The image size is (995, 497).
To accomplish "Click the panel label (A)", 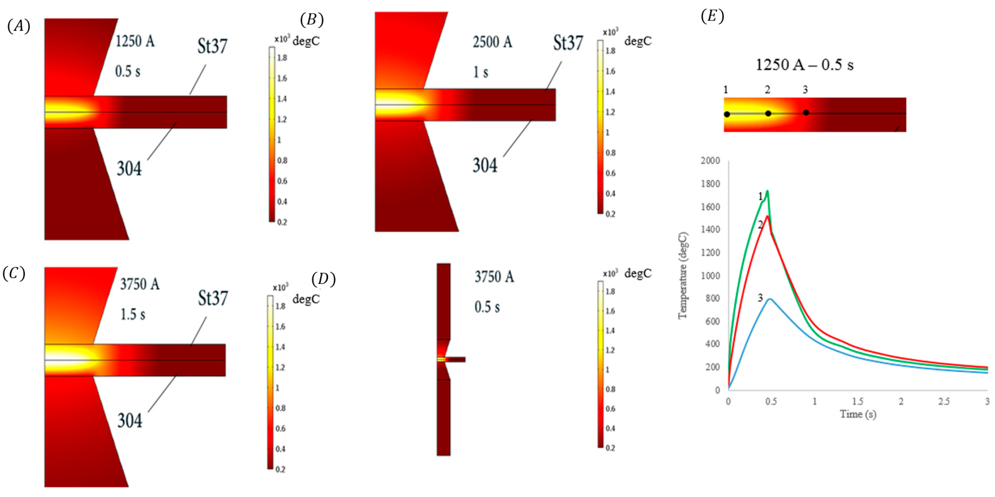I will tap(18, 26).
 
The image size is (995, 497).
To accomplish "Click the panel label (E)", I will tap(712, 16).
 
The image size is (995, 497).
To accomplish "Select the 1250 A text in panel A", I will tap(135, 41).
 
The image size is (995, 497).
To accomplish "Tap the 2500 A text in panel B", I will tap(492, 42).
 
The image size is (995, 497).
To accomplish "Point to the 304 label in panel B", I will tap(485, 166).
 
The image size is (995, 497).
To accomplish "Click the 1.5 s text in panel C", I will tap(133, 314).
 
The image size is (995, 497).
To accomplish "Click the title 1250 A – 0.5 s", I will tap(804, 65).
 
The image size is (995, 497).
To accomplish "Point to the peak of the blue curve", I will tap(770, 299).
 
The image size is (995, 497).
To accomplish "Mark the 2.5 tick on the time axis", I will tap(944, 402).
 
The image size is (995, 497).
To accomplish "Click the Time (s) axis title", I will tap(858, 414).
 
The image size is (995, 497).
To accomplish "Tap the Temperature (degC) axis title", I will tap(683, 275).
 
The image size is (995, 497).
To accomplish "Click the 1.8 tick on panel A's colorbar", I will tap(282, 58).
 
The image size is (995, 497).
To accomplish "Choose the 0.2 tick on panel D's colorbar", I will tap(610, 448).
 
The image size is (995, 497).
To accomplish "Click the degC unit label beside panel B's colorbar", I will tap(638, 41).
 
